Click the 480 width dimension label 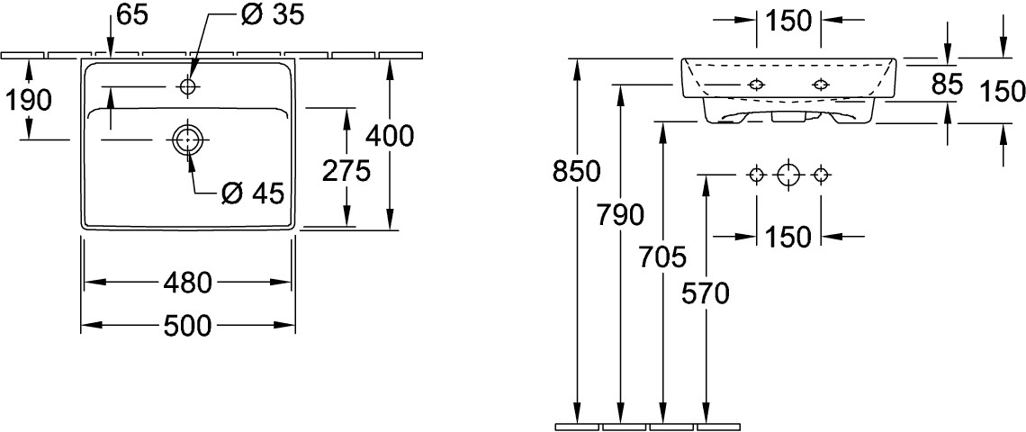[x=188, y=283]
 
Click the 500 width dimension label [x=188, y=325]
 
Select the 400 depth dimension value [x=390, y=136]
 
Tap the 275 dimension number [x=346, y=172]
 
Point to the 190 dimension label [x=28, y=101]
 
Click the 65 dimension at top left [x=131, y=15]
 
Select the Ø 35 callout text [x=272, y=15]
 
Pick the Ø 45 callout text [x=253, y=193]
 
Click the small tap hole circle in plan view [x=188, y=86]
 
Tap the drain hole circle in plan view [x=188, y=139]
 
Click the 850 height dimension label [x=577, y=172]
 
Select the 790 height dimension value [x=620, y=215]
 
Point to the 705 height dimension [x=662, y=257]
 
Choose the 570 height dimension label [x=706, y=294]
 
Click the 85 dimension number [x=948, y=85]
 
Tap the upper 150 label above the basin [x=788, y=21]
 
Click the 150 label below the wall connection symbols [x=788, y=237]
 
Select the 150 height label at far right [x=1002, y=93]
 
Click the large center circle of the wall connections [x=788, y=175]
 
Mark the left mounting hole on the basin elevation [x=757, y=85]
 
